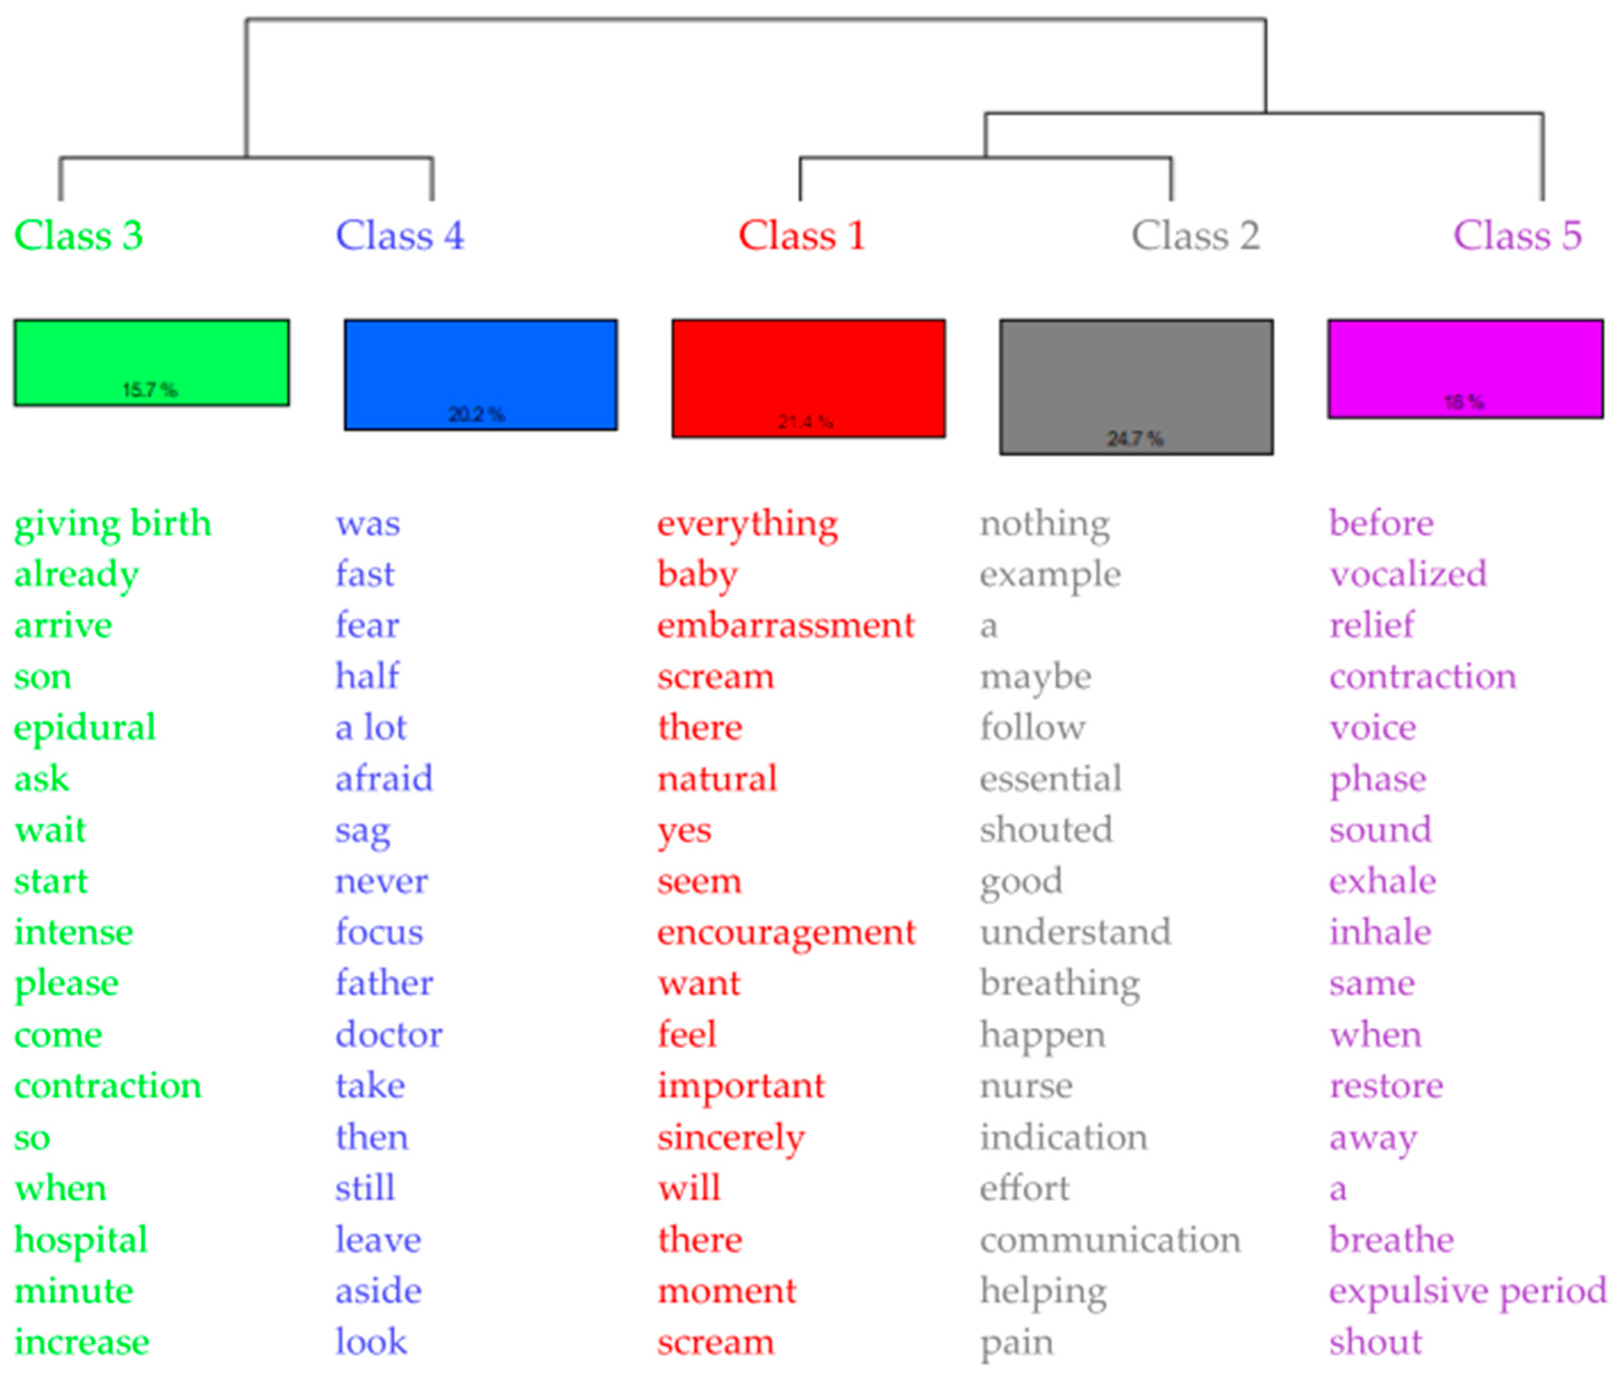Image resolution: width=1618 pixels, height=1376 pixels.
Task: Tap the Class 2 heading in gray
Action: point(1195,235)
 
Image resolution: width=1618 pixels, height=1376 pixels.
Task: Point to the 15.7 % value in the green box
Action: point(150,390)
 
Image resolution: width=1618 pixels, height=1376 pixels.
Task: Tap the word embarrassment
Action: point(785,626)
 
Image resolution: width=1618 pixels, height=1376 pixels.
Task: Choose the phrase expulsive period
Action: point(1467,1291)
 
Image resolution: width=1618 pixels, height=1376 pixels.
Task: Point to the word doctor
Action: point(388,1035)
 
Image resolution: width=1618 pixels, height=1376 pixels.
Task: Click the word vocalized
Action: point(1407,575)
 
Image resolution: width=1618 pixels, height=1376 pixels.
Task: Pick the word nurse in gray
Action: point(1026,1086)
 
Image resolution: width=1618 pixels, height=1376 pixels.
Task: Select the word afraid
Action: point(384,779)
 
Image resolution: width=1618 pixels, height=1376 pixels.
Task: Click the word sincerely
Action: point(730,1138)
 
